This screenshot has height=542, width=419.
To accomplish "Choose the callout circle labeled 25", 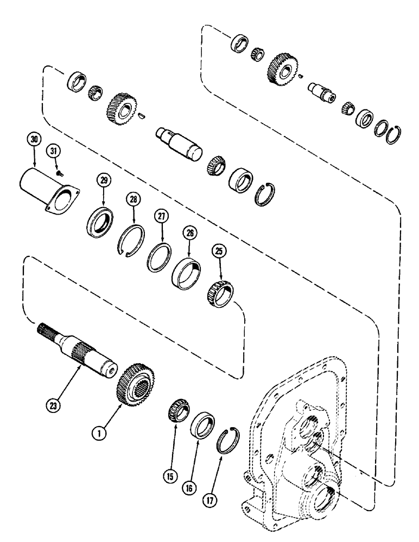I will pos(218,252).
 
